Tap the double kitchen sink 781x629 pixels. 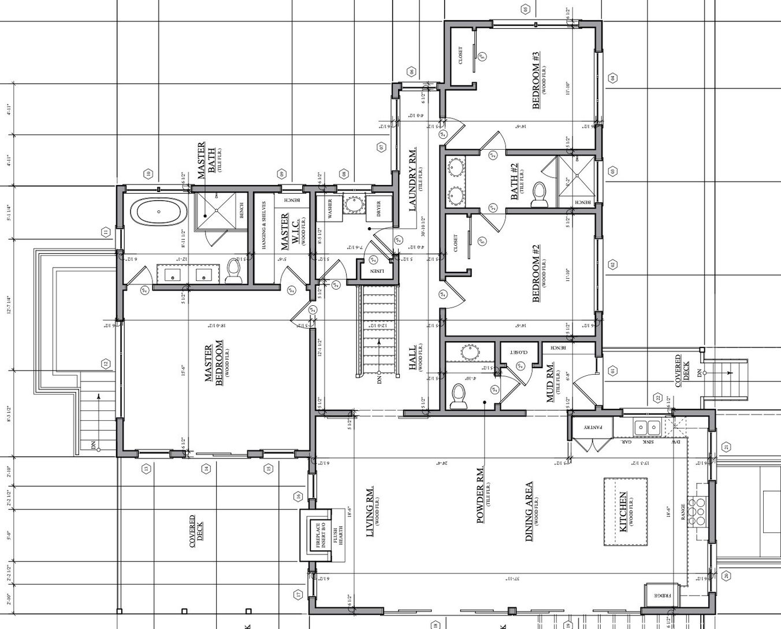648,428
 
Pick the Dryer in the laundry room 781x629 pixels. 379,209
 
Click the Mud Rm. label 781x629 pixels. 551,382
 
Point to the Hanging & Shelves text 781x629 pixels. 264,226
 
